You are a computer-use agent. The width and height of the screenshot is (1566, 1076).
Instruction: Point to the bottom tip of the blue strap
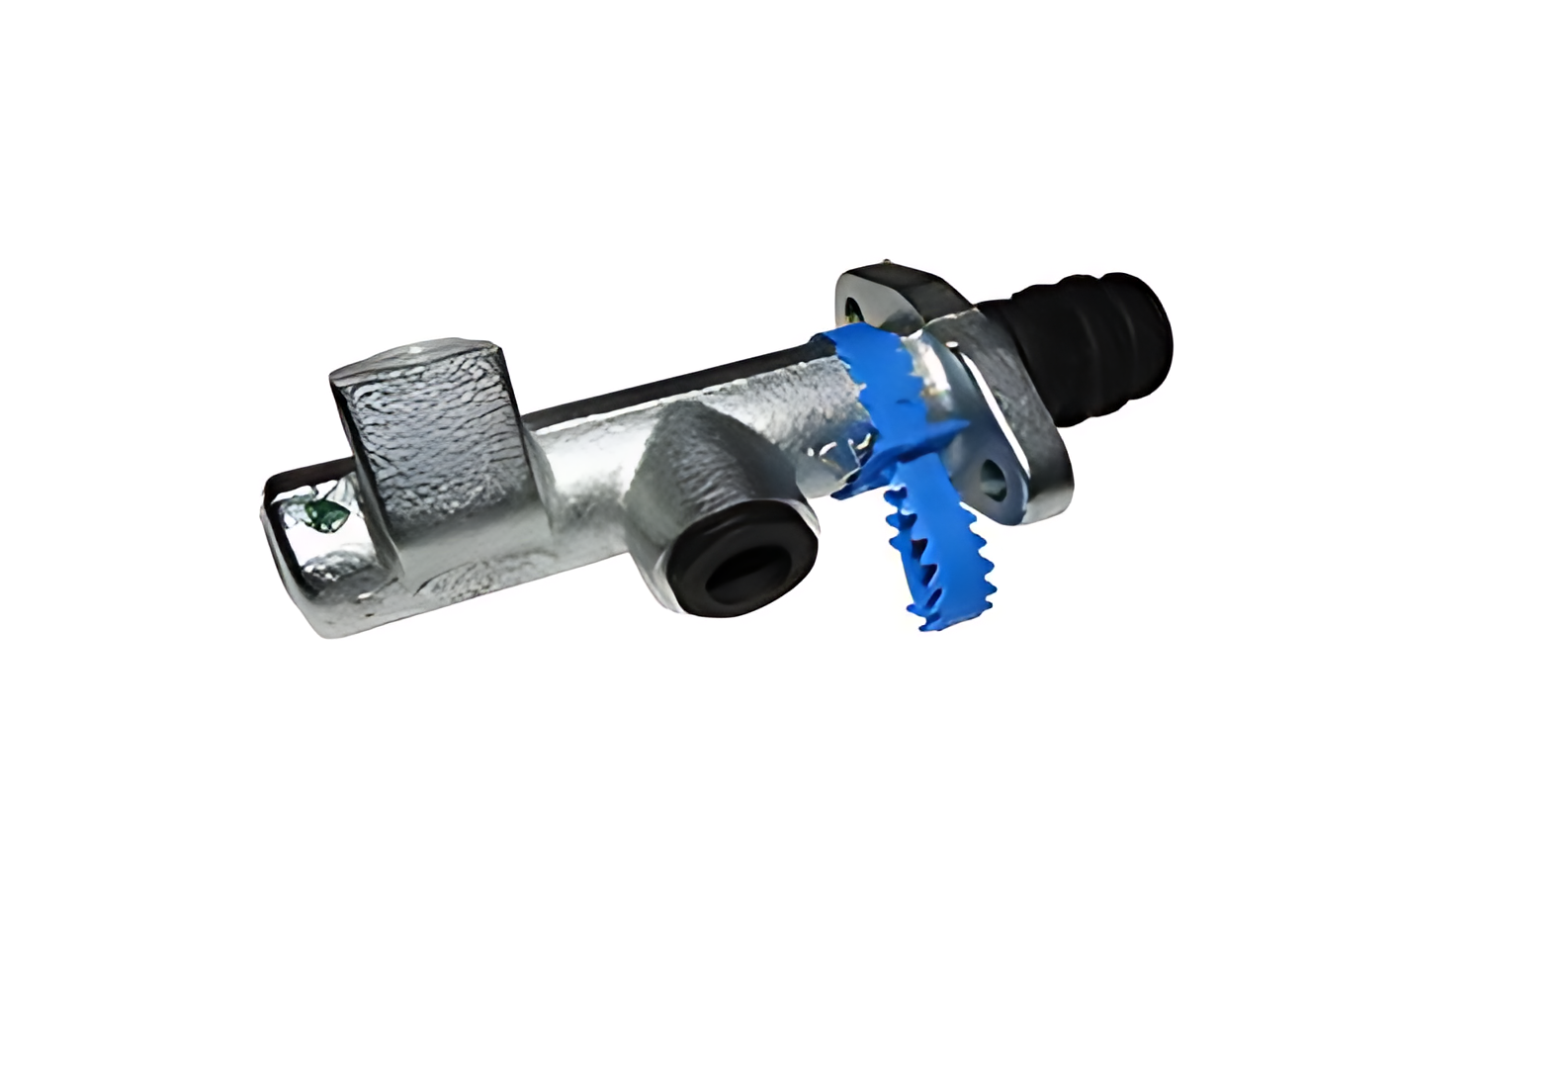click(x=929, y=624)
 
